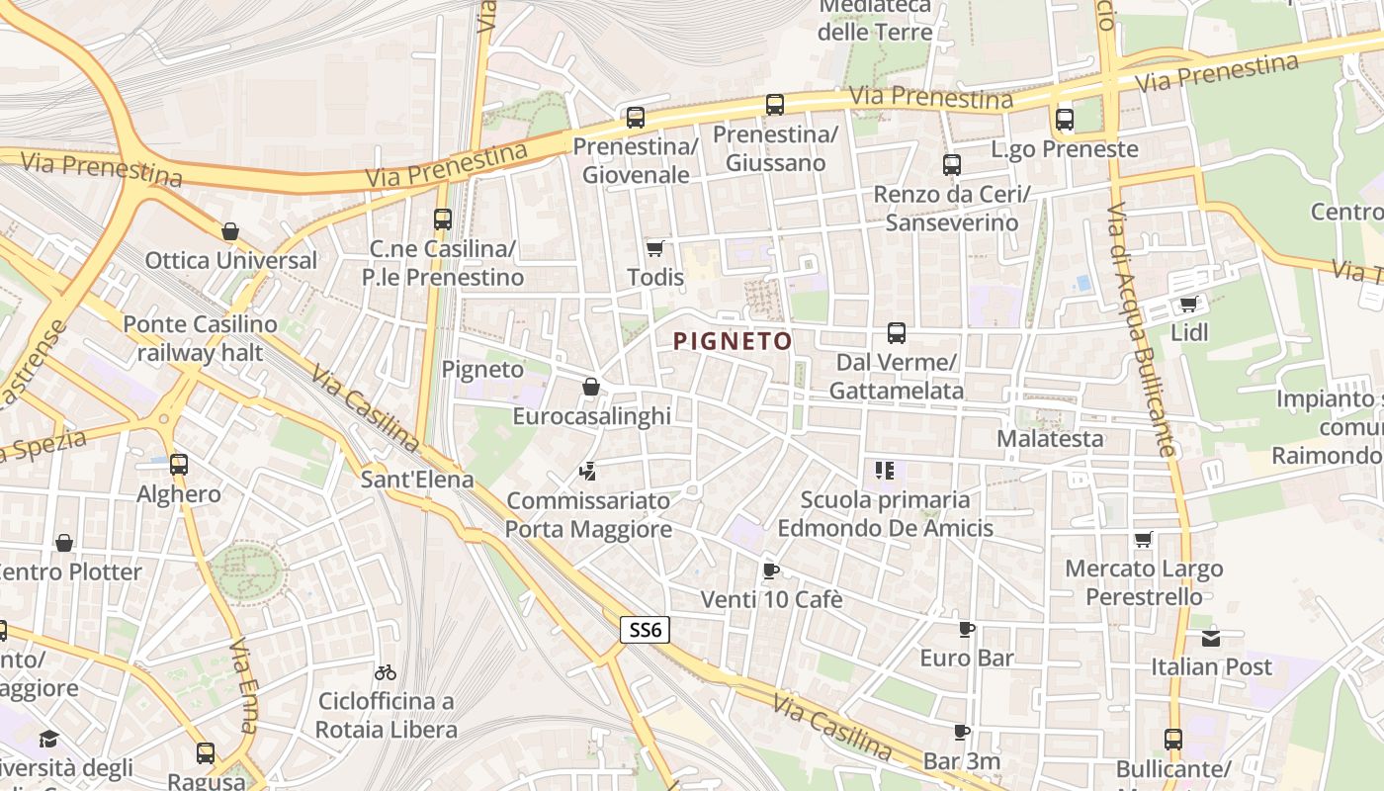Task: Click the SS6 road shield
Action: (x=646, y=629)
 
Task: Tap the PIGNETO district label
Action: (x=733, y=342)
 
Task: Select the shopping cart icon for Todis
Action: (x=654, y=247)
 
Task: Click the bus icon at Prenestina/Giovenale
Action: (x=635, y=118)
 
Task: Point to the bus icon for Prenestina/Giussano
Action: (x=775, y=104)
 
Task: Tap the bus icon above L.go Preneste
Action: (x=1065, y=120)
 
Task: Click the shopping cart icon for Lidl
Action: (x=1188, y=304)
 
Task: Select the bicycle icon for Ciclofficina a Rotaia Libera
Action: (x=386, y=672)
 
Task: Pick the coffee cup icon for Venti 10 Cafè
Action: (x=771, y=571)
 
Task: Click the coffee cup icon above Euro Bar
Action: (x=967, y=629)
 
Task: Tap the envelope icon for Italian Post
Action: (x=1211, y=638)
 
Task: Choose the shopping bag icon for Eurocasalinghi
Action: (x=591, y=387)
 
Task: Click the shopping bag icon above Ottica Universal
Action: (x=230, y=231)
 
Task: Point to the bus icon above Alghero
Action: (x=179, y=464)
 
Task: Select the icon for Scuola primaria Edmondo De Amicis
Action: (x=884, y=471)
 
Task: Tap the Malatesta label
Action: (x=1050, y=438)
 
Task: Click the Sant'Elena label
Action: (x=416, y=480)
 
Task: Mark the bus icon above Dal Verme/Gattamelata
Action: (x=897, y=333)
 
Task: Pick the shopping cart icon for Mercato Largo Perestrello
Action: (x=1144, y=540)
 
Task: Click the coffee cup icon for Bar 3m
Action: (x=962, y=733)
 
